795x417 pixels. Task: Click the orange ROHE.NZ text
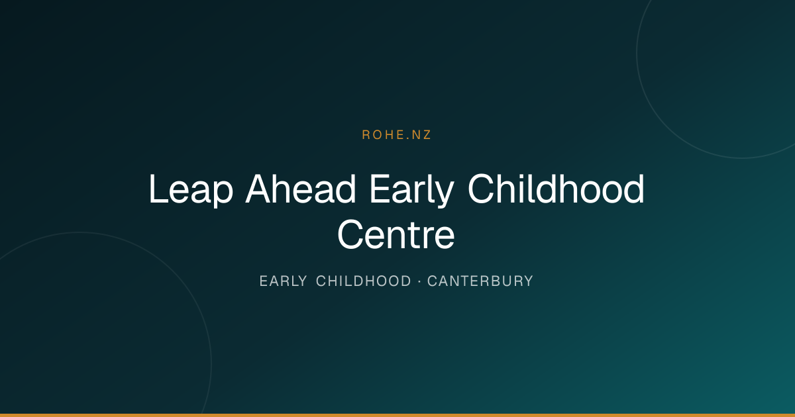coord(396,135)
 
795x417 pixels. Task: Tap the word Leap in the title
coord(191,190)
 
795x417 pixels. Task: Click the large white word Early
coord(411,190)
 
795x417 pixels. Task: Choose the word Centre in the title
coord(396,235)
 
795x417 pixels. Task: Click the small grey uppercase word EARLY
coord(284,281)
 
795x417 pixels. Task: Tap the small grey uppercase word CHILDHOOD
coord(364,281)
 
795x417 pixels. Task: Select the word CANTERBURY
coord(480,281)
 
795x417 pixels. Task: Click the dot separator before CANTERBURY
coord(419,281)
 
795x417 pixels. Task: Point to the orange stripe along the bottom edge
coord(397,415)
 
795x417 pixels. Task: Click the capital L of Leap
coord(158,189)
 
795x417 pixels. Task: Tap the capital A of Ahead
coord(260,189)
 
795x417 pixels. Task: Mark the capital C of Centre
coord(350,235)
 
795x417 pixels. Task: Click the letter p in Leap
coord(223,195)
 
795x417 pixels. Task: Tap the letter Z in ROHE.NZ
coord(426,135)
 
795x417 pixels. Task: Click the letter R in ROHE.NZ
coord(366,135)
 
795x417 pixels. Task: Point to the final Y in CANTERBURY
coord(529,281)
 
